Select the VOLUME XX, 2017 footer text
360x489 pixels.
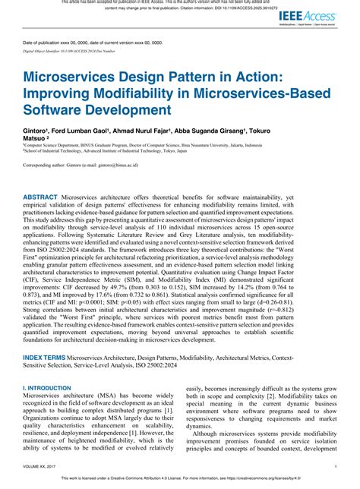[39, 465]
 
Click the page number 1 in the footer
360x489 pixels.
[336, 465]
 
